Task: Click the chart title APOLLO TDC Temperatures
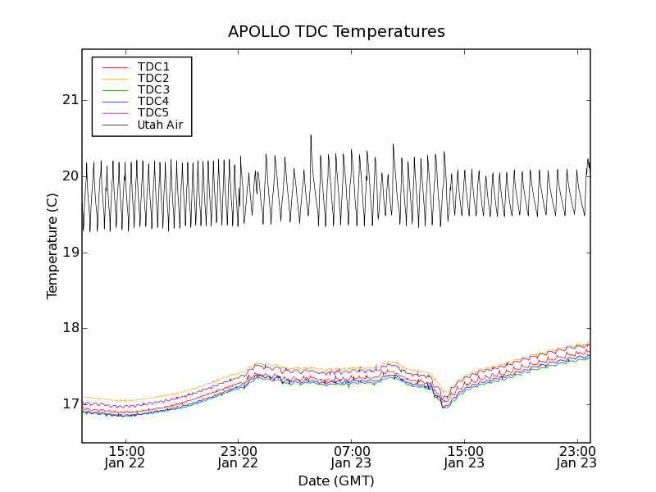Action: (336, 32)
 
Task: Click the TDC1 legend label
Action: (153, 66)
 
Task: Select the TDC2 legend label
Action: (153, 78)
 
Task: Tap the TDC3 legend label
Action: (153, 89)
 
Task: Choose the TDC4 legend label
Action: (153, 101)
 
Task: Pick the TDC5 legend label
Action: (153, 112)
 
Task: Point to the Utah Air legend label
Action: (159, 125)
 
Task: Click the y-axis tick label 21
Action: (71, 100)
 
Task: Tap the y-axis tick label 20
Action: (71, 176)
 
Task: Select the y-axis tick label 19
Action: (71, 252)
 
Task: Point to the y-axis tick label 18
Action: (71, 328)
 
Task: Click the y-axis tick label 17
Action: (71, 404)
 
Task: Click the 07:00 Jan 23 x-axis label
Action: (351, 456)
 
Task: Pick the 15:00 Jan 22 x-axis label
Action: (125, 456)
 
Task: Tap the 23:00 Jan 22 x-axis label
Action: (238, 456)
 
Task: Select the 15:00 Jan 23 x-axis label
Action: (464, 456)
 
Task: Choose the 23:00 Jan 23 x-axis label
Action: (576, 456)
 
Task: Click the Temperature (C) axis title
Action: (52, 246)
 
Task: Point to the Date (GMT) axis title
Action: (336, 481)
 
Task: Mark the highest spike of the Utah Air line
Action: (311, 135)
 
